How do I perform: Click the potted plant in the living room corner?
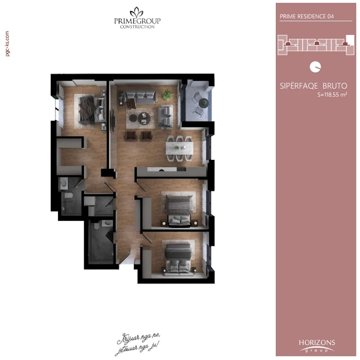pyautogui.click(x=167, y=95)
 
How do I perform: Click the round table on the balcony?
pyautogui.click(x=204, y=103)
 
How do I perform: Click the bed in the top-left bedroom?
pyautogui.click(x=90, y=109)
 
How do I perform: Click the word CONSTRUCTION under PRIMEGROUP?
pyautogui.click(x=137, y=27)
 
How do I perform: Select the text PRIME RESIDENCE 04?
pyautogui.click(x=302, y=16)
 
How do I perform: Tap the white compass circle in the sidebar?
pyautogui.click(x=315, y=67)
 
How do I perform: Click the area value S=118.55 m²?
pyautogui.click(x=332, y=95)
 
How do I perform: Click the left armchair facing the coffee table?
pyautogui.click(x=130, y=135)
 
